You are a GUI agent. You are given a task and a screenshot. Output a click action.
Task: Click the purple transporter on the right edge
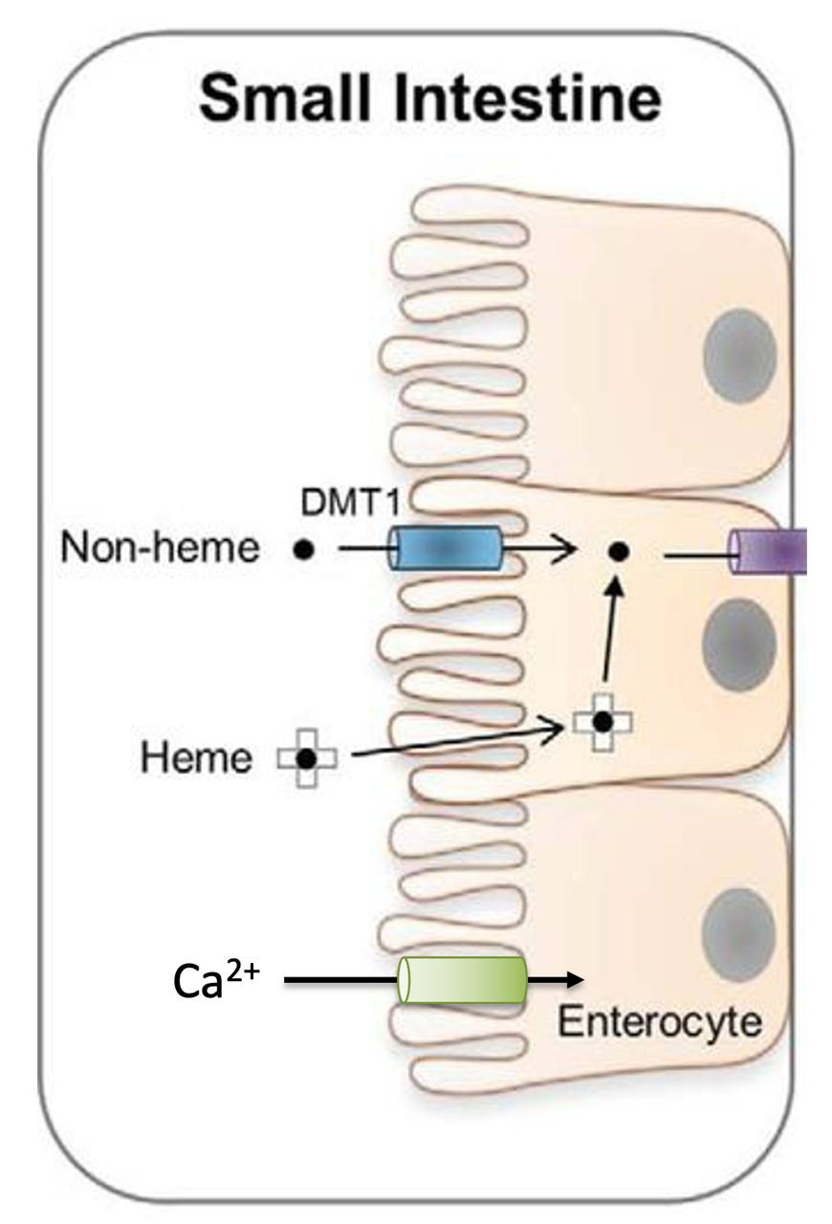(770, 553)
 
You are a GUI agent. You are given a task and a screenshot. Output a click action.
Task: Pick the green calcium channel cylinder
(463, 979)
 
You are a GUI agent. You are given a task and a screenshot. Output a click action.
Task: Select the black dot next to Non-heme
(304, 551)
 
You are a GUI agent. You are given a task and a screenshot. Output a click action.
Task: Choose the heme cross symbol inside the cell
(602, 723)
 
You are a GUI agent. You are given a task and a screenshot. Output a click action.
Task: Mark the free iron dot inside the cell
(619, 551)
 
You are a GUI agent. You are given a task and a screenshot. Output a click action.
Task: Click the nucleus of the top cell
(739, 356)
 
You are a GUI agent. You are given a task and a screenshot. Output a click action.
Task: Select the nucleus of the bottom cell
(737, 932)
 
